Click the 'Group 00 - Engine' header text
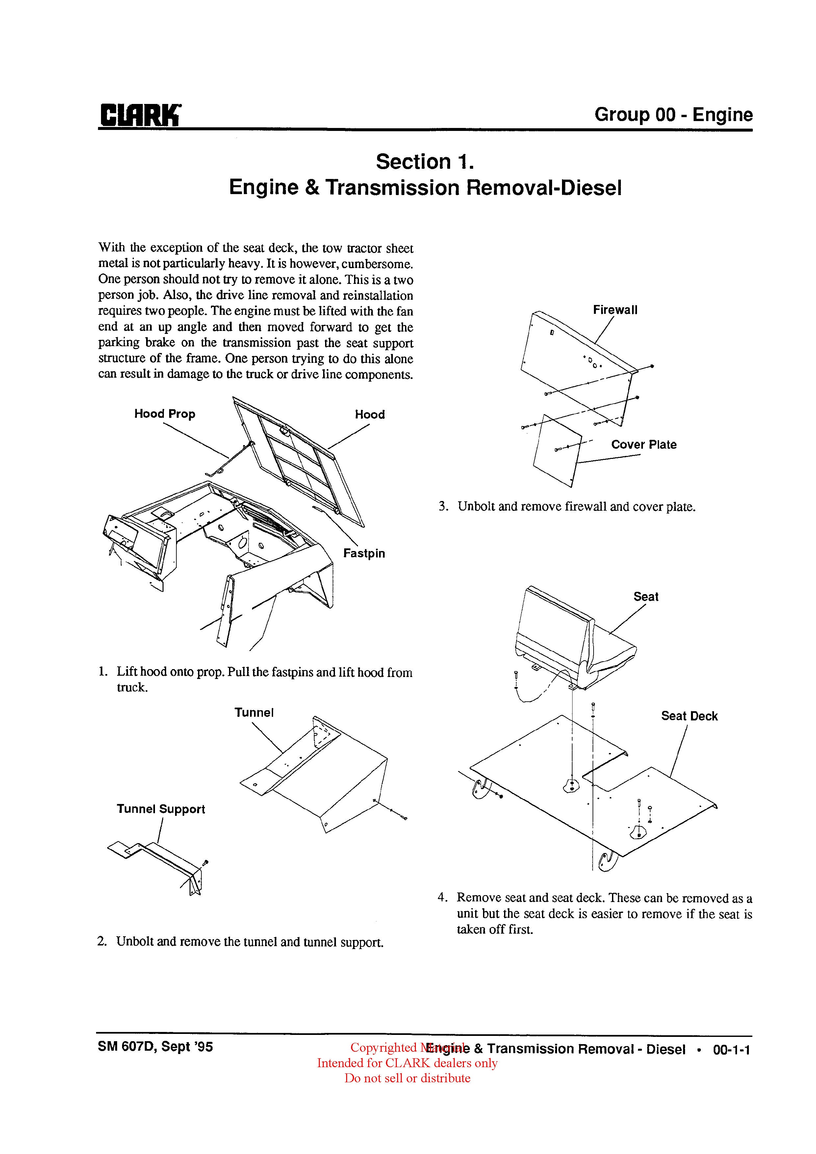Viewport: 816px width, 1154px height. pos(673,115)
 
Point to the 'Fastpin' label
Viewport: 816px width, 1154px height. pos(364,553)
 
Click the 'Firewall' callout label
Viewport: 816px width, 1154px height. pos(615,310)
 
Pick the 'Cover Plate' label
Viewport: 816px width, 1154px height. pos(644,445)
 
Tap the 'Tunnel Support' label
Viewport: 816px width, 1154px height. pos(161,809)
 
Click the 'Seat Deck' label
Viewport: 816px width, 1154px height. pos(689,716)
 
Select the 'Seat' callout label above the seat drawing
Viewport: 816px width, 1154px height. pos(646,597)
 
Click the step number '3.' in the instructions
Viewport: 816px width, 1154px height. pos(443,507)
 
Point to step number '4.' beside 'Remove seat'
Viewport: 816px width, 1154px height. pos(443,898)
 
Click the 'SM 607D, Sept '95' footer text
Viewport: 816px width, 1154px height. pos(155,1047)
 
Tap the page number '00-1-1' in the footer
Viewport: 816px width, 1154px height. pos(731,1049)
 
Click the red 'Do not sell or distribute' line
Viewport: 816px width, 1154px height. pos(407,1078)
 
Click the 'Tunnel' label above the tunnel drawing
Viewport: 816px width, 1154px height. pos(254,713)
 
